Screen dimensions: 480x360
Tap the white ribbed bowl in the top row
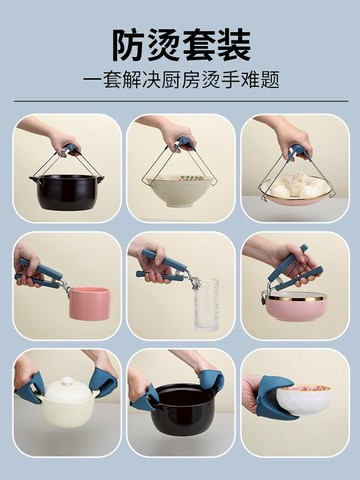[180, 190]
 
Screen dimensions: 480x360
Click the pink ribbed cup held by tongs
[90, 302]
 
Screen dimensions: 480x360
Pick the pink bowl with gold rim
[296, 304]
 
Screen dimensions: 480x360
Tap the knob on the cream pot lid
[67, 381]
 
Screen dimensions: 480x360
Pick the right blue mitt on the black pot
[211, 383]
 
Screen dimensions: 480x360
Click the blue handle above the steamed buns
[297, 152]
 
